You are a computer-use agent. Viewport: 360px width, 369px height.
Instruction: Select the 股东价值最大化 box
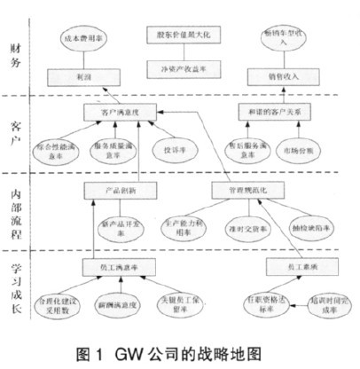click(x=184, y=35)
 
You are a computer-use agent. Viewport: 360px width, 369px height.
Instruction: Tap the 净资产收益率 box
click(x=184, y=63)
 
